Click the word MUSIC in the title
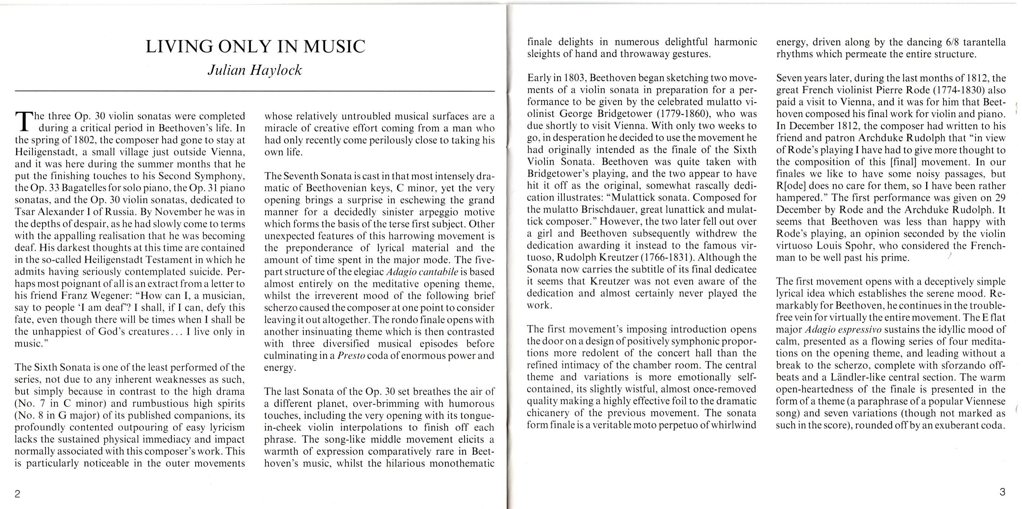coord(334,47)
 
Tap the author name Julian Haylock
coord(255,70)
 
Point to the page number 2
coord(17,494)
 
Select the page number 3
coord(1002,492)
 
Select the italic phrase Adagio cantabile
coord(422,272)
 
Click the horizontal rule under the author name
coord(255,91)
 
